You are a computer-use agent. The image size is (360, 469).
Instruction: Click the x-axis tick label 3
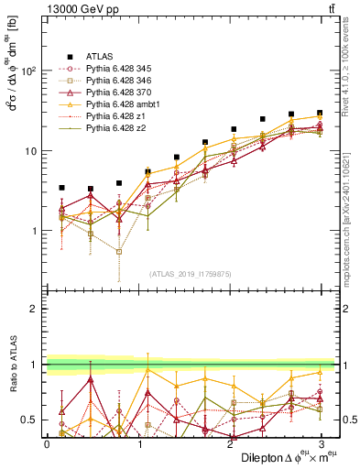320,443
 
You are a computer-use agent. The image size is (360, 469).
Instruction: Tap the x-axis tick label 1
138,443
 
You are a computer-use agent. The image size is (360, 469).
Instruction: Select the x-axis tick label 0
48,443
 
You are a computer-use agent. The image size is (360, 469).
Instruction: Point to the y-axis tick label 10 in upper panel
30,151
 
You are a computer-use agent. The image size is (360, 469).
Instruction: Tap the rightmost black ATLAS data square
319,113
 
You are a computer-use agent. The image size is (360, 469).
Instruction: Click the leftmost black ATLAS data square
61,188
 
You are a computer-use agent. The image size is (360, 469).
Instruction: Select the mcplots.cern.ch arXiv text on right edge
352,211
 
